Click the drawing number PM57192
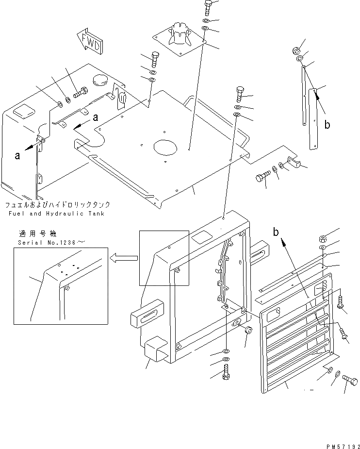(339, 443)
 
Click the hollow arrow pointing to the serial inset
(119, 258)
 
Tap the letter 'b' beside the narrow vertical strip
(328, 125)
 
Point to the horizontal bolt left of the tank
(80, 91)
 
